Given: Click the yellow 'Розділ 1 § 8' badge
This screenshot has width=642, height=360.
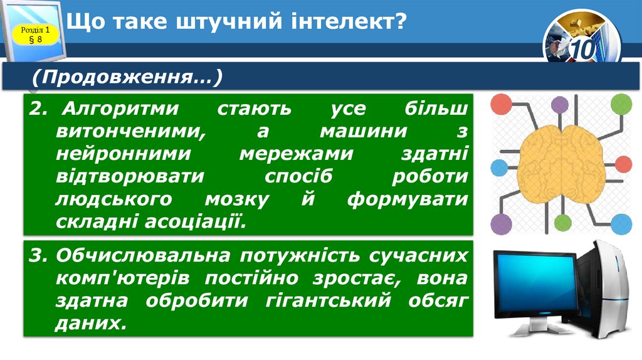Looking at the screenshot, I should coord(35,34).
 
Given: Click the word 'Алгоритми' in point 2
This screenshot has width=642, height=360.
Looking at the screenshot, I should coord(121,109).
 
